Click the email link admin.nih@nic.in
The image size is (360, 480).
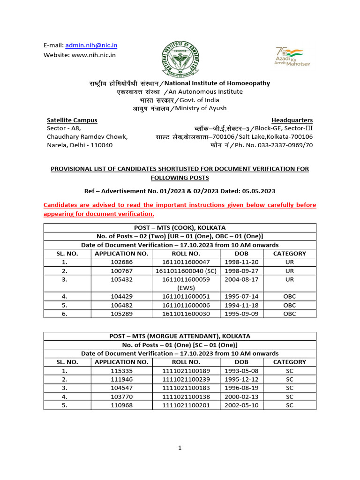[91, 45]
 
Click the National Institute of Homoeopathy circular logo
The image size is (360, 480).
[180, 56]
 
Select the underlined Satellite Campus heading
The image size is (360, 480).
[72, 120]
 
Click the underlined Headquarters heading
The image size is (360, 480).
[292, 120]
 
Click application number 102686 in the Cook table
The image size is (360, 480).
[121, 262]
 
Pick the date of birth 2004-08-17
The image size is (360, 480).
[241, 279]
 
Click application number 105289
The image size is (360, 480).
[121, 314]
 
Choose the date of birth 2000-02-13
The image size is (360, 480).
[241, 396]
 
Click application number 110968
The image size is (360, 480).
[121, 405]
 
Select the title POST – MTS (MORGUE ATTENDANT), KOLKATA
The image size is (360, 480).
[180, 336]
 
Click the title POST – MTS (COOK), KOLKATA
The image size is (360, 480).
[180, 228]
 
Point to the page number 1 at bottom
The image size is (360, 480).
[180, 448]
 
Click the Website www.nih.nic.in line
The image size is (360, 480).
[80, 55]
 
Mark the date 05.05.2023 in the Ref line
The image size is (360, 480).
[259, 191]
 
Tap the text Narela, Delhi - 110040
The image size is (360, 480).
[80, 145]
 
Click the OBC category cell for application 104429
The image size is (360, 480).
[289, 296]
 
